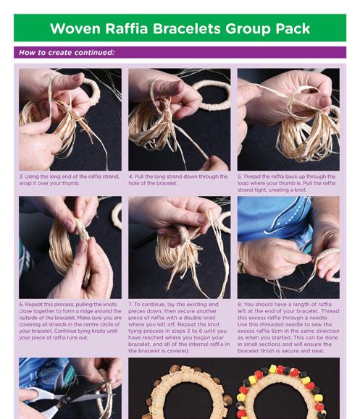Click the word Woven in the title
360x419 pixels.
click(75, 28)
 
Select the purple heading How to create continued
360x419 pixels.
click(67, 52)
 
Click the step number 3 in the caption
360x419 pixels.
click(21, 177)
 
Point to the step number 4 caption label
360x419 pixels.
click(130, 177)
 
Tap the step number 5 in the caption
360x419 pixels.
click(239, 177)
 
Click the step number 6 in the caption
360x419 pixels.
click(21, 305)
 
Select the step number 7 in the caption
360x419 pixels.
click(130, 305)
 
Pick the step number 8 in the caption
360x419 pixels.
click(239, 305)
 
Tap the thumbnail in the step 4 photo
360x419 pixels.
click(177, 86)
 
